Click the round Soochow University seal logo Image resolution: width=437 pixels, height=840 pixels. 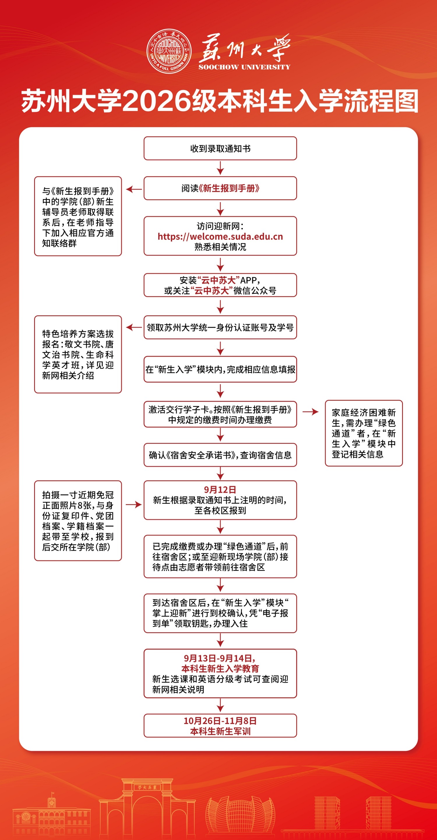169,51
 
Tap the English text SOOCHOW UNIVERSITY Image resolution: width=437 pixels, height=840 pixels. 244,67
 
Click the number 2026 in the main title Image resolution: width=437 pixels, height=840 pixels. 157,101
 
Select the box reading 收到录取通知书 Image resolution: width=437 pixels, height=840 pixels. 220,148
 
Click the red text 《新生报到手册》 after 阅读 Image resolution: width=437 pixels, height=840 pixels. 229,188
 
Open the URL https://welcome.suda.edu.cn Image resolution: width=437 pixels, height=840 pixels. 220,236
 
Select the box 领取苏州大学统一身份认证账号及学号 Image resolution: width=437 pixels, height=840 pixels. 220,327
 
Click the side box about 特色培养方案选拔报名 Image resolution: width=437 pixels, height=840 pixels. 78,354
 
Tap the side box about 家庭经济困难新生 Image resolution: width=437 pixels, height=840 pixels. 364,433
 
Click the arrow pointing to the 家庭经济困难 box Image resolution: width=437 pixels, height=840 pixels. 311,412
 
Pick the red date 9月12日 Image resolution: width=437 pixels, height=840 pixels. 220,489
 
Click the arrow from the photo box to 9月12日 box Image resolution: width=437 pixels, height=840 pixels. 134,505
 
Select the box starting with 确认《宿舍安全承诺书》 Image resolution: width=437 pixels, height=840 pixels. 220,455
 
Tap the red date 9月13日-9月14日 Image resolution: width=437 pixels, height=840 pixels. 220,658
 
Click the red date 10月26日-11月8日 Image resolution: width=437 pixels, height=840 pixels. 220,721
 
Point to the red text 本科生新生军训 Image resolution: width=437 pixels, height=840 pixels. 220,731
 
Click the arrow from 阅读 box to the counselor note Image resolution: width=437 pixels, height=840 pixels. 134,189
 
